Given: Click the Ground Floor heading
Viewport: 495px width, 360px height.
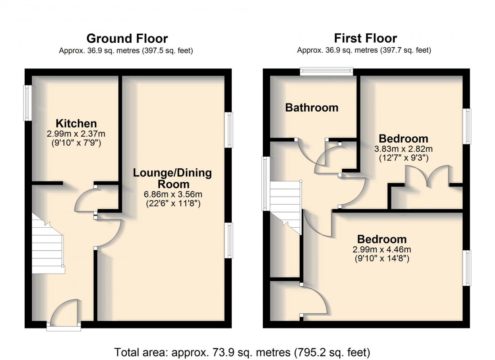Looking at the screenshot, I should (x=127, y=38).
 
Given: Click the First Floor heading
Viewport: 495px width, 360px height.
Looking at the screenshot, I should (x=365, y=38).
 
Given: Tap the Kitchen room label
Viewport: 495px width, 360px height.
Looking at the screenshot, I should (x=76, y=123).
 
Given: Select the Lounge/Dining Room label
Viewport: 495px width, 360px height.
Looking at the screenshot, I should (x=172, y=178).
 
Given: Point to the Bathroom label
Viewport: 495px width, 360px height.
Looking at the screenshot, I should (x=311, y=108).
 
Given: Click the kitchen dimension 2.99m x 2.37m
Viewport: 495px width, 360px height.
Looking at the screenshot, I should (x=76, y=134).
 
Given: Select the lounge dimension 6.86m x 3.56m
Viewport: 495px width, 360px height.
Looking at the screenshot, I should (x=172, y=194).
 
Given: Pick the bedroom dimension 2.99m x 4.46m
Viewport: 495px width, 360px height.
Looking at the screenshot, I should (x=382, y=250).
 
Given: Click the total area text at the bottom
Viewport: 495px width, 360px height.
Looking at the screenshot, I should (x=242, y=351).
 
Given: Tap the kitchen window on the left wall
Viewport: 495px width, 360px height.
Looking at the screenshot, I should (x=27, y=103).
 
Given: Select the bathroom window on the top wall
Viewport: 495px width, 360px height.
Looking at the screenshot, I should (x=326, y=71).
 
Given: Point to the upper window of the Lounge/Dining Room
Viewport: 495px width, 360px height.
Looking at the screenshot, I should (x=229, y=130).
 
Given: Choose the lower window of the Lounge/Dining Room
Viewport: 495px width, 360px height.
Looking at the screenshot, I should (x=229, y=240).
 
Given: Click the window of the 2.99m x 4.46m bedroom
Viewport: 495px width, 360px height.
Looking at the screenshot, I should (x=468, y=268).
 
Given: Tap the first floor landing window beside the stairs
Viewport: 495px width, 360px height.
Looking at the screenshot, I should (x=266, y=184).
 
